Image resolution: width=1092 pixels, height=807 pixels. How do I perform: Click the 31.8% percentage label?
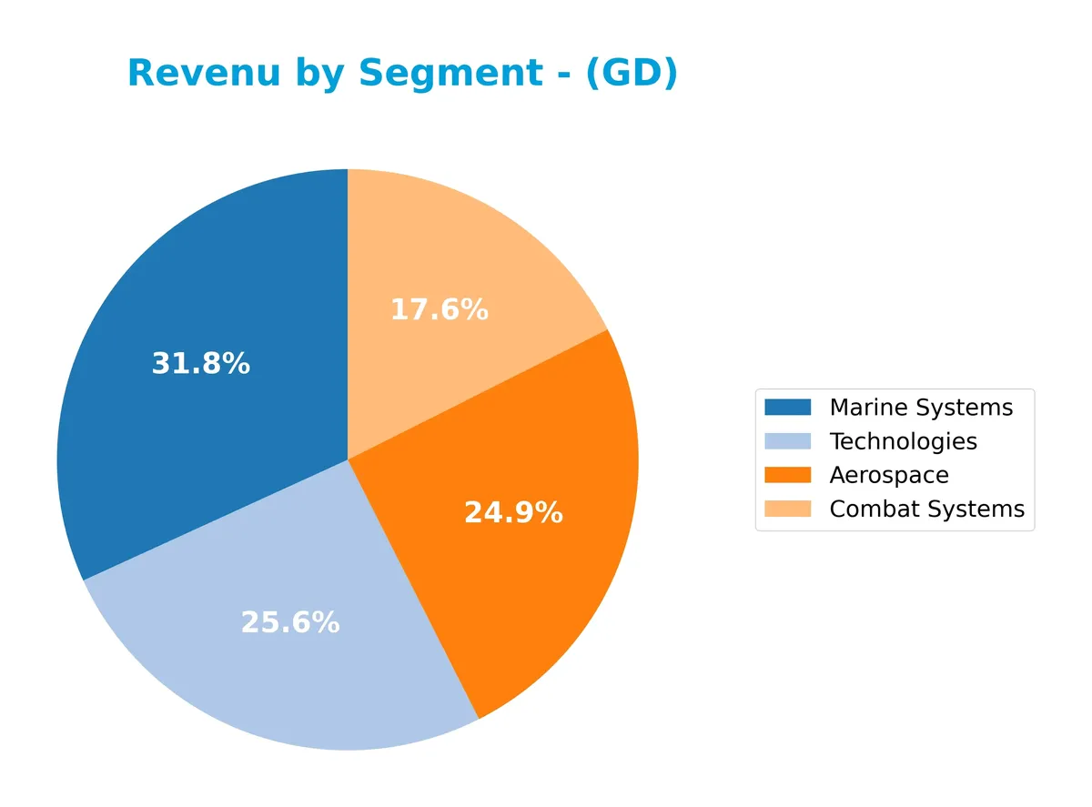(200, 364)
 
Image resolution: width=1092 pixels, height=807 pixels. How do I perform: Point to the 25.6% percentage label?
(289, 622)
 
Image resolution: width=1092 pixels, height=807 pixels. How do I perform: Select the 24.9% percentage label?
(513, 513)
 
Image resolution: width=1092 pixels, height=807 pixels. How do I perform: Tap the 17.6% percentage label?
(440, 310)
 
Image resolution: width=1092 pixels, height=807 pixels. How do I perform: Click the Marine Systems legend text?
(921, 407)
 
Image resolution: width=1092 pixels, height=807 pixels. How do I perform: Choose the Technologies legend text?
(903, 441)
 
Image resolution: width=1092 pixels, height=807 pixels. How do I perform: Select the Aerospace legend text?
(889, 475)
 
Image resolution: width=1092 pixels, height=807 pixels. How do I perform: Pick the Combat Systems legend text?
(926, 509)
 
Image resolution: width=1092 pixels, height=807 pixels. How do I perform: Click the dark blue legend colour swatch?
(787, 407)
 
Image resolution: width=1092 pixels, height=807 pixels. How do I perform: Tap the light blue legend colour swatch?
(787, 441)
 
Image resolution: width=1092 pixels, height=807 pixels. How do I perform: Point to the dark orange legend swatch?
(787, 475)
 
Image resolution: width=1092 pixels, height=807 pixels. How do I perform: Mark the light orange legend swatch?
(787, 509)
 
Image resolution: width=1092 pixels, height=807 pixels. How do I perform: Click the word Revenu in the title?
(204, 74)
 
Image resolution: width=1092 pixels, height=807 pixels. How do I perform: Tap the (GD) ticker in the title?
(631, 74)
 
